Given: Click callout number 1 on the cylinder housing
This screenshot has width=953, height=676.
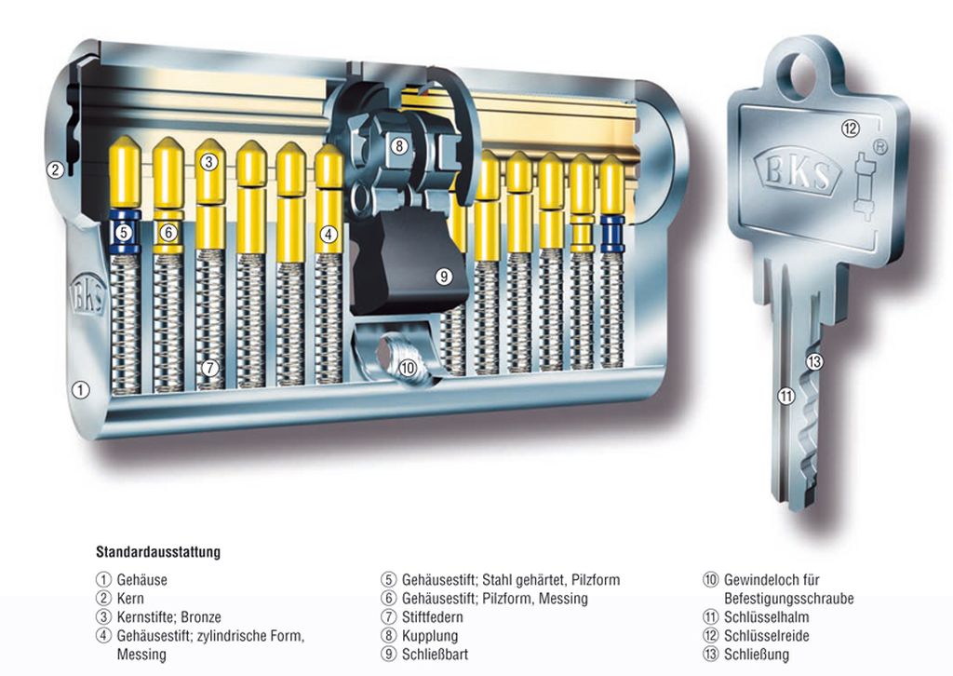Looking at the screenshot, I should point(81,391).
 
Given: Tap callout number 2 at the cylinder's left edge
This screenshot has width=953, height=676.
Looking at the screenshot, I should point(55,169).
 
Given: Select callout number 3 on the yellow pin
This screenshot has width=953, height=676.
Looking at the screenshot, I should point(209,162).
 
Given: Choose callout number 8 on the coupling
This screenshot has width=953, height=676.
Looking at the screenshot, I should point(398,146).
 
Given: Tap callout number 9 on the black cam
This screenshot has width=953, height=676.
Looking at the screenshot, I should point(443,276).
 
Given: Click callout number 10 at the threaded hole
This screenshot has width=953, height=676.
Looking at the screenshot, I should point(407,367).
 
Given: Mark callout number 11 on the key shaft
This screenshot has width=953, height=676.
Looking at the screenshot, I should point(785,396).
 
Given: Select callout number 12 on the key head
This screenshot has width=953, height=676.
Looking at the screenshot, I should point(849,128).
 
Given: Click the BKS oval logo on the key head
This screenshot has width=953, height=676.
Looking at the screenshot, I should point(799,169).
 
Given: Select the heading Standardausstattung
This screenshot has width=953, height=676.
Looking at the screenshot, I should point(158,552).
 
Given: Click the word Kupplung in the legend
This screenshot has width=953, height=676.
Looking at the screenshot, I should point(431,636).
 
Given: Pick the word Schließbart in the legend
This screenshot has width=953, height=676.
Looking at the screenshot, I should point(436,655).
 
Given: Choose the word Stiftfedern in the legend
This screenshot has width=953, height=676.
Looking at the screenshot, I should point(433,617).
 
